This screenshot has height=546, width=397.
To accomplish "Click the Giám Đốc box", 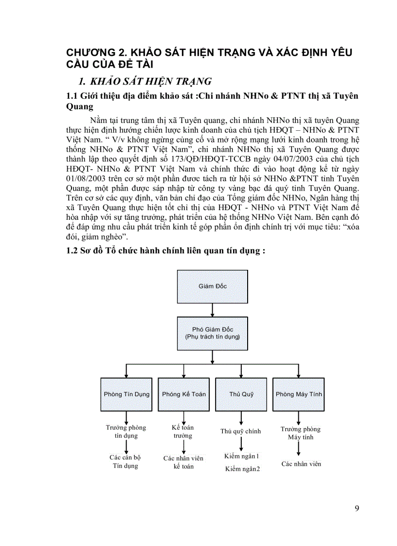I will pos(212,286).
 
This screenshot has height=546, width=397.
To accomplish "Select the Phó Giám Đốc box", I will pos(212,333).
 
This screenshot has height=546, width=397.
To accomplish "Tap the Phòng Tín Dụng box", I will pos(126,394).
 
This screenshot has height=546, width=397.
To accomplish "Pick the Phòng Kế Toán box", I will pos(184,394).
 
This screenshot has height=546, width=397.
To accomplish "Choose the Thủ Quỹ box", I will pos(241,394).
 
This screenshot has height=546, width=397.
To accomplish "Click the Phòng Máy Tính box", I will pos(299,394).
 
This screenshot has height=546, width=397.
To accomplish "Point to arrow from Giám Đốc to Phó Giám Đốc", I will pos(212,310).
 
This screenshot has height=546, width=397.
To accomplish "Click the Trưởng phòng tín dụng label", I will pos(126,432).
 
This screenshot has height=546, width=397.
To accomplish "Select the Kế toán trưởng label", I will pos(183,432).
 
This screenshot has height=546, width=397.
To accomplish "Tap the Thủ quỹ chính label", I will pos(241,431).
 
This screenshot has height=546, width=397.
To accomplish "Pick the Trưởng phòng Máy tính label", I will pos(301,433).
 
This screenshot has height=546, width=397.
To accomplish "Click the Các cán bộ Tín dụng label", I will pos(125,461).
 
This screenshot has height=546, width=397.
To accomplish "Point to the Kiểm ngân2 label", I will pos(242,469).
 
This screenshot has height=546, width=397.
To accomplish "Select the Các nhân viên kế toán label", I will pos(183,462).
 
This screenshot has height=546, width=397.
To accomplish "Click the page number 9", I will pos(357,509).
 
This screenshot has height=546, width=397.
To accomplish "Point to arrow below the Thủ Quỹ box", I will pos(241,419).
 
